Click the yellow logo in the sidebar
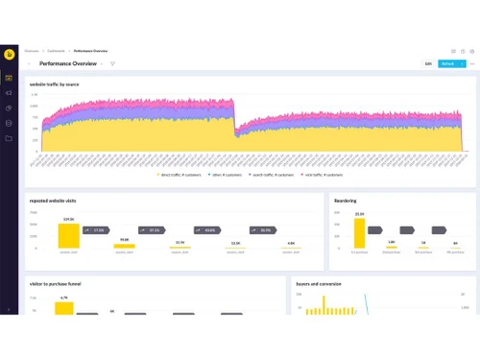coord(9,55)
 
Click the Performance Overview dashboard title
coord(67,63)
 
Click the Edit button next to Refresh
coord(427,63)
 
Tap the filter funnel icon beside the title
coord(112,63)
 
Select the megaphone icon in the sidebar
coord(9,93)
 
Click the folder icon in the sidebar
coord(9,138)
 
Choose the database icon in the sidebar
coord(9,123)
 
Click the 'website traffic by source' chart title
coord(55,84)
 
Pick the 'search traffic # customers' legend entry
coord(272,176)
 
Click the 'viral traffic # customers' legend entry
coord(323,176)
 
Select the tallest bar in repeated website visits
coord(68,236)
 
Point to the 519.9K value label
coord(68,219)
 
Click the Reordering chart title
coord(346,201)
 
